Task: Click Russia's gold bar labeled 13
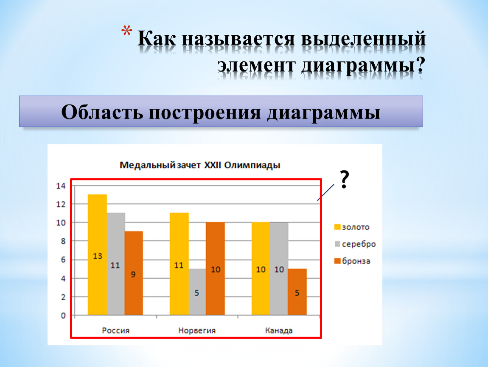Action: pyautogui.click(x=97, y=254)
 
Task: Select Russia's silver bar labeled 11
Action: pyautogui.click(x=116, y=264)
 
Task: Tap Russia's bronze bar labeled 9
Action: pyautogui.click(x=134, y=273)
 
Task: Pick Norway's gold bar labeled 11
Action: pyautogui.click(x=179, y=264)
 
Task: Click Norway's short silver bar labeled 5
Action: pyautogui.click(x=197, y=292)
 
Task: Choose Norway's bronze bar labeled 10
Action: pyautogui.click(x=216, y=268)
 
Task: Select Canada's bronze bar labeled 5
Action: pyautogui.click(x=297, y=292)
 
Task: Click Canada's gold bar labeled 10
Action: pyautogui.click(x=261, y=268)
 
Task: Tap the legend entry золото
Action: pyautogui.click(x=352, y=227)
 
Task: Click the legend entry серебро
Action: pyautogui.click(x=355, y=244)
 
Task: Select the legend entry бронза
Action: pyautogui.click(x=352, y=261)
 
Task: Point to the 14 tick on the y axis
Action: pyautogui.click(x=61, y=186)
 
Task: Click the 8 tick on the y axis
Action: pyautogui.click(x=63, y=241)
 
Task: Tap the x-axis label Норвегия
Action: pyautogui.click(x=197, y=330)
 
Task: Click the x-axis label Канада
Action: pyautogui.click(x=279, y=330)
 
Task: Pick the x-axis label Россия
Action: pyautogui.click(x=116, y=330)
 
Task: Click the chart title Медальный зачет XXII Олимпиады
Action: pyautogui.click(x=200, y=165)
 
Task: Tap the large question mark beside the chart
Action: pyautogui.click(x=344, y=179)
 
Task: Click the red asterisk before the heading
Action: pyautogui.click(x=127, y=31)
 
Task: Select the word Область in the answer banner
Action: pyautogui.click(x=102, y=112)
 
